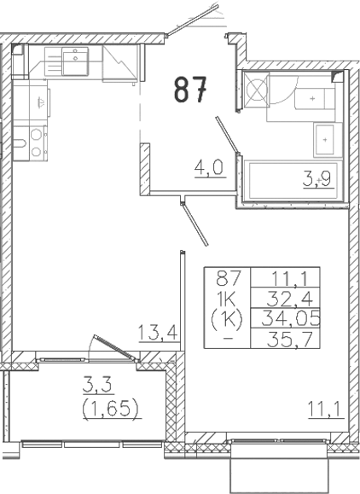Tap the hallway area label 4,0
[208, 168]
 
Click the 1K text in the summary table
[227, 299]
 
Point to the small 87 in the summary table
[227, 278]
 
